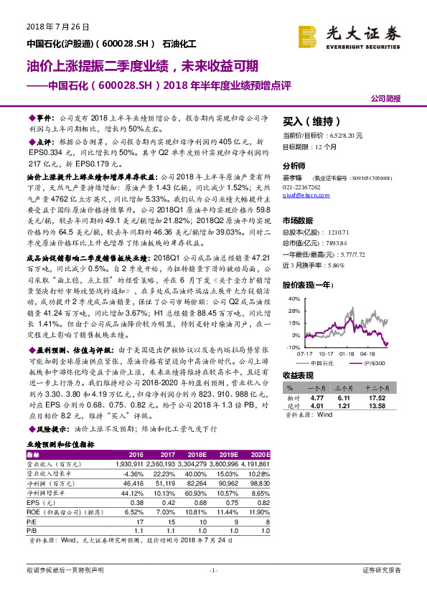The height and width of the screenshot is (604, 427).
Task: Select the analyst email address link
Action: (x=304, y=194)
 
